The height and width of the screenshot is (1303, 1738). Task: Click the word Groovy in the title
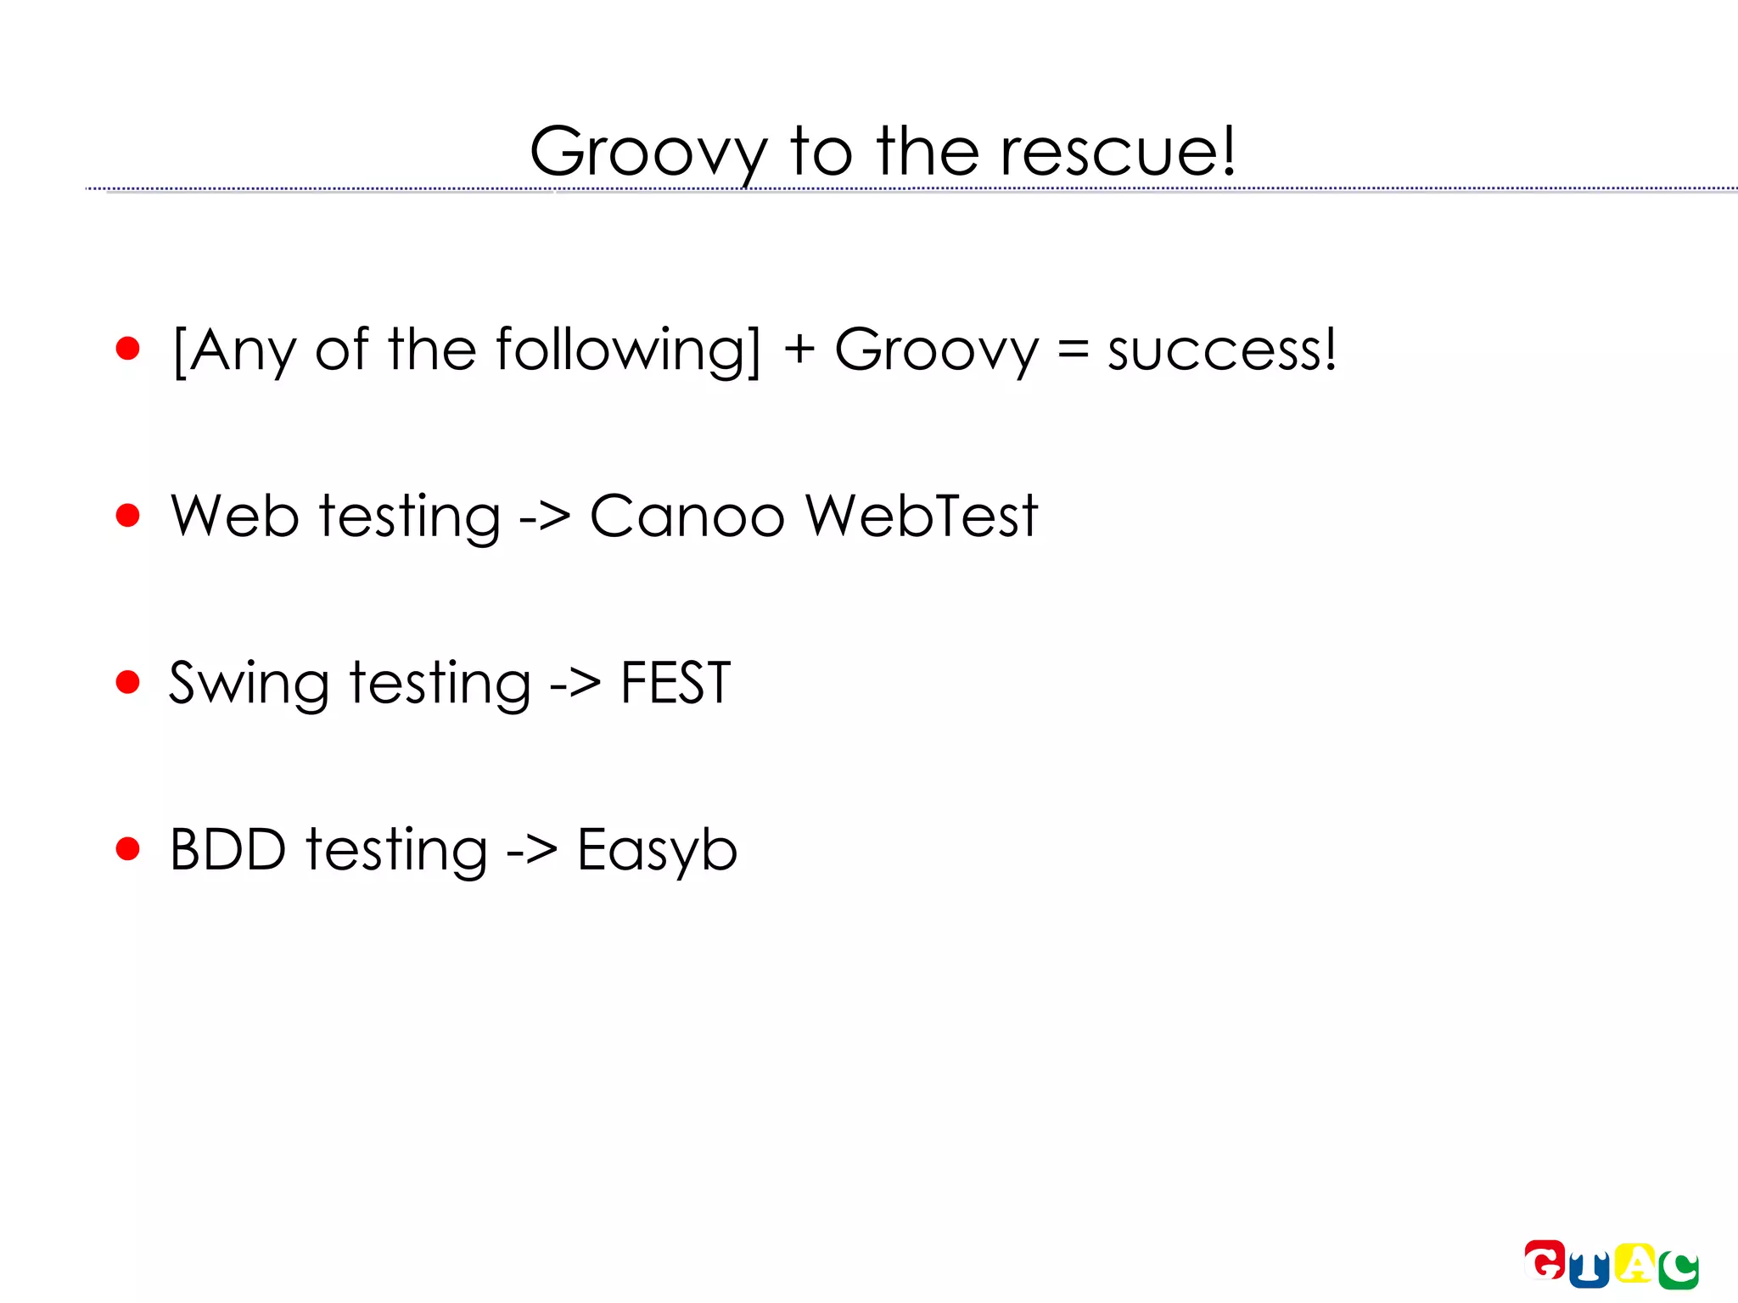tap(648, 153)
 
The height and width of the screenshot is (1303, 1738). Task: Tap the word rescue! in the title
tap(1118, 153)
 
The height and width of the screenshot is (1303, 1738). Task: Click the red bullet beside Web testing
tap(127, 515)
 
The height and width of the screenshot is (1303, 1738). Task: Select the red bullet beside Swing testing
tap(127, 682)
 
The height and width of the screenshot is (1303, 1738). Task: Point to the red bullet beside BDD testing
tap(127, 848)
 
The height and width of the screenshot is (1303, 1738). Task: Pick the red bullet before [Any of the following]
tap(127, 348)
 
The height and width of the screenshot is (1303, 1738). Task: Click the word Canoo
tap(687, 516)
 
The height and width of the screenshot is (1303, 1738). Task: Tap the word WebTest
tap(922, 516)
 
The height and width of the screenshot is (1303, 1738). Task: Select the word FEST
tap(676, 682)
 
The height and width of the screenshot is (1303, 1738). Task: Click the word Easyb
tap(657, 850)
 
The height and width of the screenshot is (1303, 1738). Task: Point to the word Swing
tap(249, 684)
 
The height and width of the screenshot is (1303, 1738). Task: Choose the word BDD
tap(227, 849)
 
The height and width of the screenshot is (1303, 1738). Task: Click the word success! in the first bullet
tap(1222, 350)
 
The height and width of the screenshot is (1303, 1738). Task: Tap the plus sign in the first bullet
tap(799, 350)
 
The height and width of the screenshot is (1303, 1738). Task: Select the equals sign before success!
tap(1073, 350)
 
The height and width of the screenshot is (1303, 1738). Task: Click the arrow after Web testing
tap(545, 516)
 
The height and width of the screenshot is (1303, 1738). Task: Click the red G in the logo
tap(1545, 1260)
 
